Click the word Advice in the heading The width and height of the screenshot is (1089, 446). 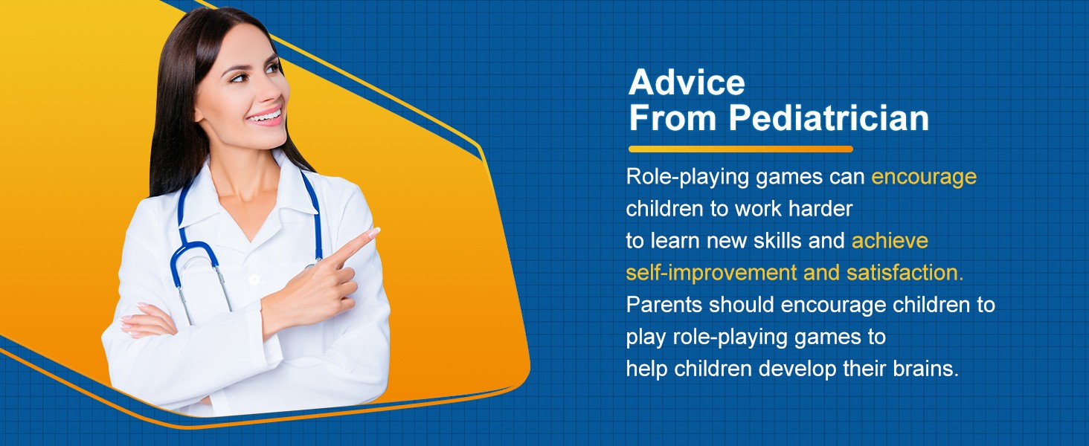click(x=687, y=83)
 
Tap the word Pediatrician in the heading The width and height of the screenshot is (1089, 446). click(x=829, y=118)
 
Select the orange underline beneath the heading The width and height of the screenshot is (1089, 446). click(x=740, y=149)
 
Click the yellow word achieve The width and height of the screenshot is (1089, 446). click(x=890, y=241)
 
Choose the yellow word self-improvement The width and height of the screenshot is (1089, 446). click(x=711, y=274)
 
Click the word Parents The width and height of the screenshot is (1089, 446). click(x=664, y=305)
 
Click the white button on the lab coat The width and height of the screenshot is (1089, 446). click(x=254, y=279)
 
